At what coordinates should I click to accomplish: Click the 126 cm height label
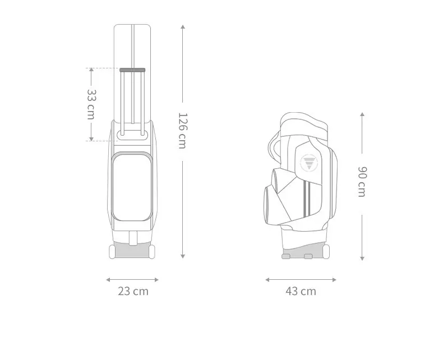pos(183,131)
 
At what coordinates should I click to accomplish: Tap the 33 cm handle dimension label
pos(91,104)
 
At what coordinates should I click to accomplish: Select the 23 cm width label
pos(133,291)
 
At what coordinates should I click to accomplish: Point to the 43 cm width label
pos(301,291)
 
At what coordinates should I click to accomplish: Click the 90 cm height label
pos(362,182)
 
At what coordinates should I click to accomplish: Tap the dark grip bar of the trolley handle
pos(132,70)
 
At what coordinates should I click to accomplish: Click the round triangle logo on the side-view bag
pos(309,163)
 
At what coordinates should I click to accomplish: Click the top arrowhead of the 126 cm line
pos(183,27)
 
